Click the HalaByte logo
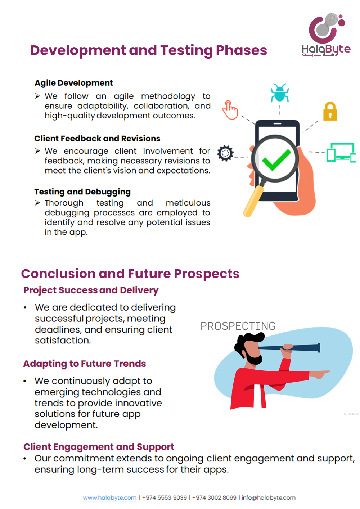(326, 35)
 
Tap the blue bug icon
(280, 93)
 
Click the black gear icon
(225, 153)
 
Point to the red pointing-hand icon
(230, 110)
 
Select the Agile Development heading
(74, 83)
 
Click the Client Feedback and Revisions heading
(97, 139)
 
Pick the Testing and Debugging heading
(82, 192)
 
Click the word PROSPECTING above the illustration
(238, 326)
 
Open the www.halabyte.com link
(110, 498)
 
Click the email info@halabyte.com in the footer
(269, 498)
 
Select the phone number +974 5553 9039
(165, 498)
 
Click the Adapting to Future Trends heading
(85, 364)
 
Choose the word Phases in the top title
(242, 50)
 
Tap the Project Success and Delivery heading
(91, 290)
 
